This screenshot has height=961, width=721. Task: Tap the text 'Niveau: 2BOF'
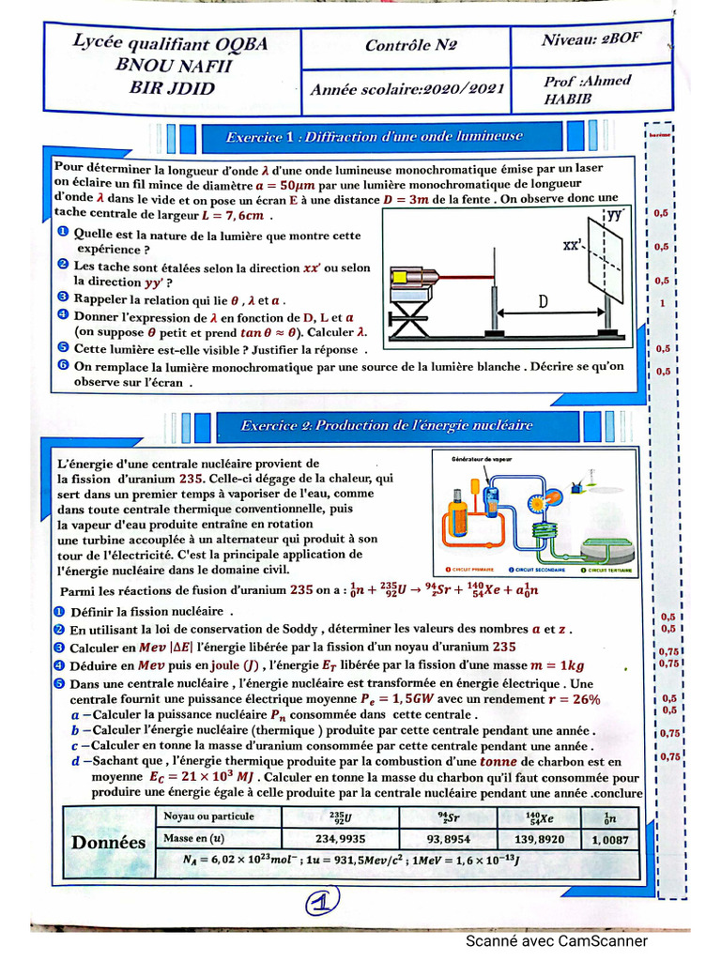click(592, 41)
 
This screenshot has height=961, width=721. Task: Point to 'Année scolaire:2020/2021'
click(409, 89)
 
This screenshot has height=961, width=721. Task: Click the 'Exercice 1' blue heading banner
click(374, 137)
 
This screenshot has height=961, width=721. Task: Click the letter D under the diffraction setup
click(543, 301)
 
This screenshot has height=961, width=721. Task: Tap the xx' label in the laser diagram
click(575, 246)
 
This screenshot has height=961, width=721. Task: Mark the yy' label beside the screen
click(614, 215)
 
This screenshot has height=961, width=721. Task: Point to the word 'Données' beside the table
click(109, 842)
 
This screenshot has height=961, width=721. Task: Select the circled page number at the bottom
click(320, 903)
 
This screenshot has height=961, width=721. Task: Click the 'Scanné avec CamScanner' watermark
click(557, 941)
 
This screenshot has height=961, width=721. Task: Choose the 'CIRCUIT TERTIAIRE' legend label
click(606, 569)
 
